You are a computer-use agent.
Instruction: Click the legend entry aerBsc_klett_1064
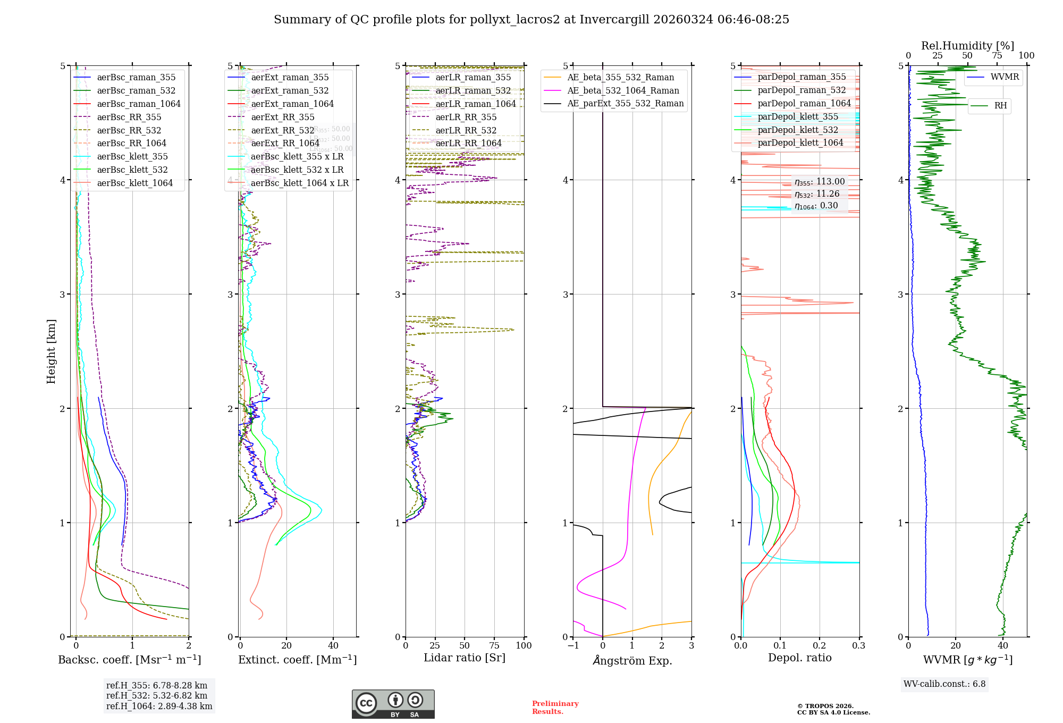point(134,183)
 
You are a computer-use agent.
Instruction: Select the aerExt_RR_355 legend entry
point(283,117)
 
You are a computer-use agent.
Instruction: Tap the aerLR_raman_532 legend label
point(473,91)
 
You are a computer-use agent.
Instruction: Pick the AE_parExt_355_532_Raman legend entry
point(625,103)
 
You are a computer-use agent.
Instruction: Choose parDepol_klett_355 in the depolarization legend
point(798,116)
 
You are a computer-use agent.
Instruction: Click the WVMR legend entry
point(1005,77)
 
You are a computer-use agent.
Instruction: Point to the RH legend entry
point(1000,106)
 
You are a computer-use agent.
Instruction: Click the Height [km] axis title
point(51,351)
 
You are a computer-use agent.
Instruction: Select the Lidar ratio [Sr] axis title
point(464,658)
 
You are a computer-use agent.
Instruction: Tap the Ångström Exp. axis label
point(632,660)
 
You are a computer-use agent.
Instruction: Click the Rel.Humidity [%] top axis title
point(967,46)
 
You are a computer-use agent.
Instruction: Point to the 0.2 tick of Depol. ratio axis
point(820,645)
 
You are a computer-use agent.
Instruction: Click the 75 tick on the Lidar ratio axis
point(494,645)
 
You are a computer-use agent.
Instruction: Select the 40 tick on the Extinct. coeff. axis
point(333,645)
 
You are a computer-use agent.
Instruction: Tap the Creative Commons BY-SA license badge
point(393,704)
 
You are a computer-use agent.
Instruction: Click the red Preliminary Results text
point(555,707)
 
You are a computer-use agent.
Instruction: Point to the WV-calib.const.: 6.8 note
point(944,684)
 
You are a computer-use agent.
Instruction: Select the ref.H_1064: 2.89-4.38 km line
point(159,706)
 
